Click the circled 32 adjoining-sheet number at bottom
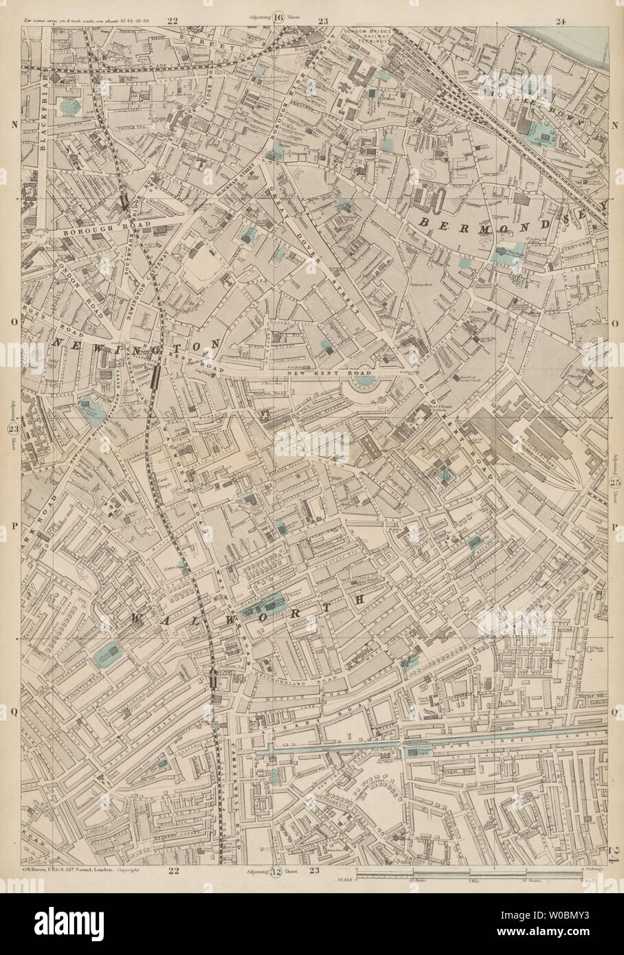(x=276, y=873)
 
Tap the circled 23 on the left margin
(x=13, y=429)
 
